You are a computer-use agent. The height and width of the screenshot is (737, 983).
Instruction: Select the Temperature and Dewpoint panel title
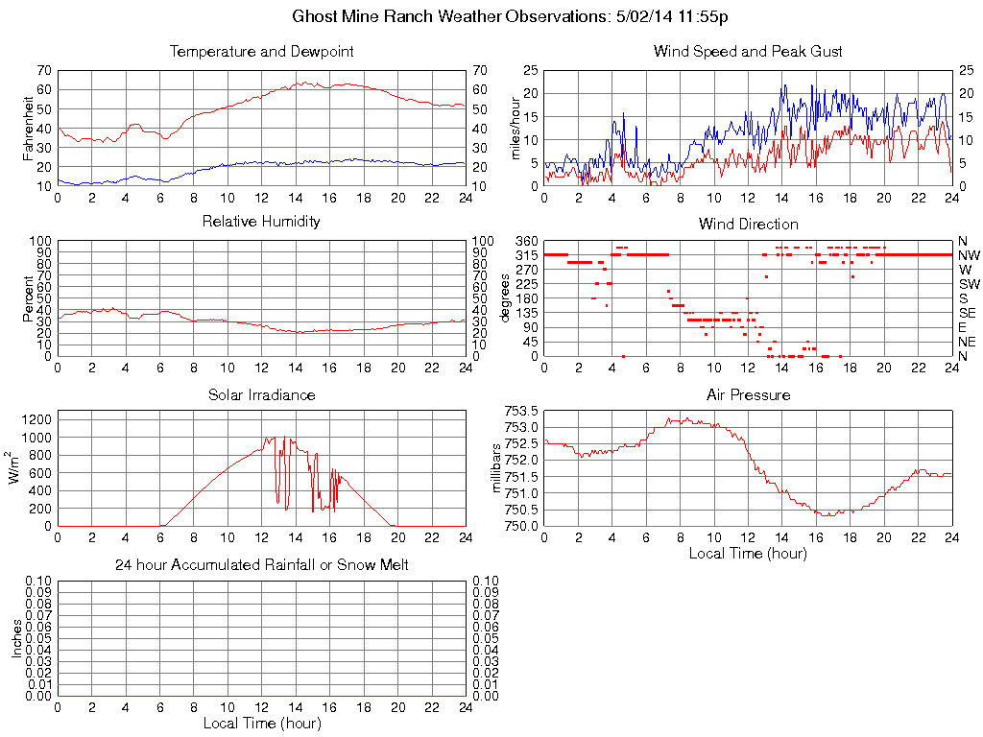[x=261, y=52]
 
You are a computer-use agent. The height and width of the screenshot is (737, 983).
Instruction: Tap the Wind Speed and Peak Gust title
[x=748, y=52]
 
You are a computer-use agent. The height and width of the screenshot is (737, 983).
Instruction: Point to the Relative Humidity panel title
[x=261, y=222]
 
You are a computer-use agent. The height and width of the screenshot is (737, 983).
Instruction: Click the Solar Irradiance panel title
[x=261, y=394]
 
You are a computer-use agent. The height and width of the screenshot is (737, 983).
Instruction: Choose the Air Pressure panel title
[x=748, y=394]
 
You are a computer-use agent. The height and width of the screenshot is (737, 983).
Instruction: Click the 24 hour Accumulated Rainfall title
[x=261, y=565]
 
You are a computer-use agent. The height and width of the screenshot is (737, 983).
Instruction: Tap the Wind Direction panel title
[x=748, y=224]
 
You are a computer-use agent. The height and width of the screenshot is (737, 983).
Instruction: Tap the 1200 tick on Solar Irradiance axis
[x=36, y=419]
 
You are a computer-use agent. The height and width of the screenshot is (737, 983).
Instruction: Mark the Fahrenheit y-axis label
[x=29, y=128]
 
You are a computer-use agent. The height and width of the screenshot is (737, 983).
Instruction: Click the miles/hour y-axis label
[x=515, y=128]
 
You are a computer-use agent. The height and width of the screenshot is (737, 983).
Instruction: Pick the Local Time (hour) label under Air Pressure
[x=748, y=553]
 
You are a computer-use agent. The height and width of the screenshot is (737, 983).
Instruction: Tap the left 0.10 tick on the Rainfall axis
[x=39, y=581]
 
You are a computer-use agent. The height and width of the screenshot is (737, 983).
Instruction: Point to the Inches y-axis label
[x=16, y=638]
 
